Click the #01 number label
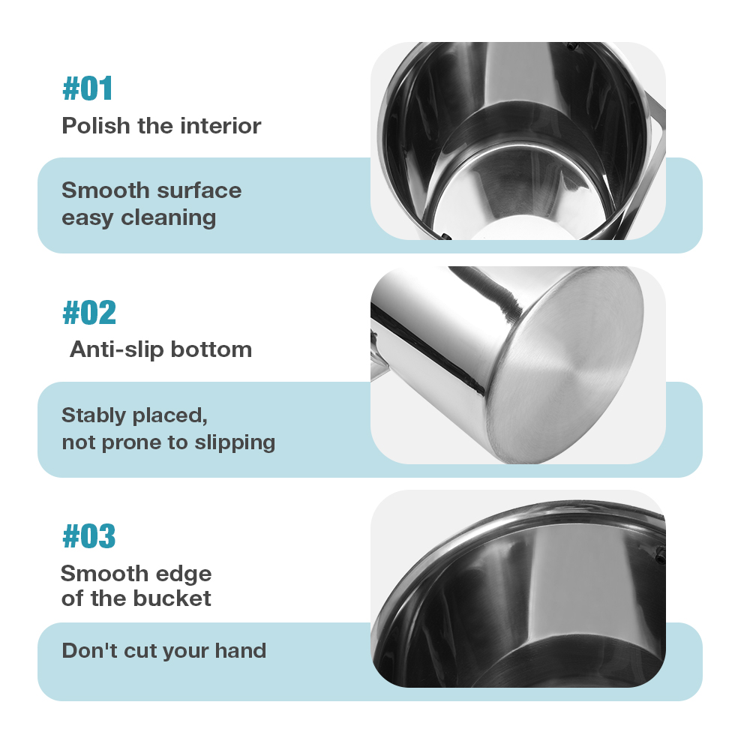click(88, 88)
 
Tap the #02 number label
click(89, 312)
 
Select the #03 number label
click(89, 535)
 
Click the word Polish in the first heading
click(96, 126)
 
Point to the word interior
click(220, 126)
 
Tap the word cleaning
click(168, 218)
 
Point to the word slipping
click(235, 443)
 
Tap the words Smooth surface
click(151, 190)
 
